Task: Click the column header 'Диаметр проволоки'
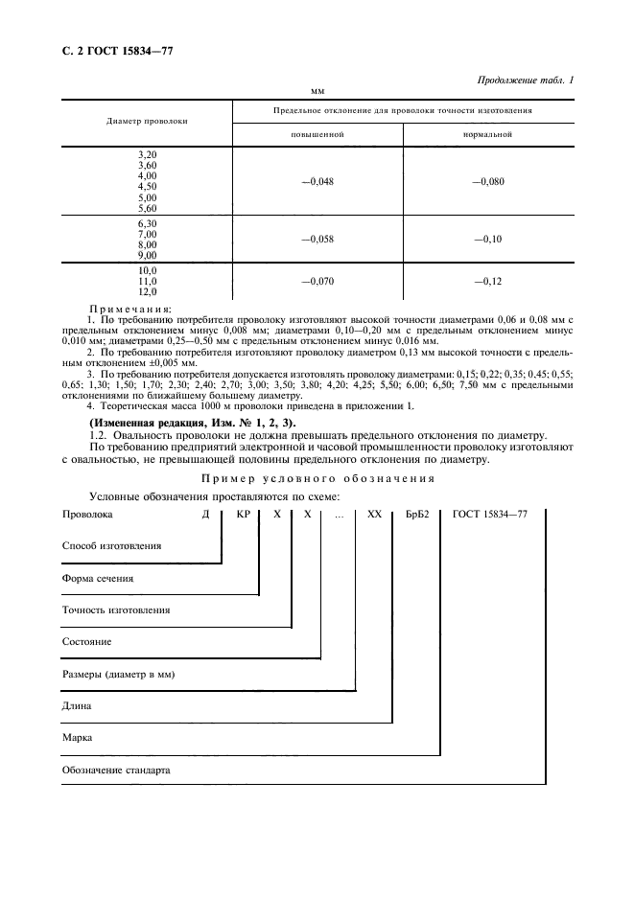(x=147, y=122)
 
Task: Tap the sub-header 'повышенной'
(x=317, y=135)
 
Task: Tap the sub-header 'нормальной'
(x=487, y=135)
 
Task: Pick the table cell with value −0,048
(x=317, y=180)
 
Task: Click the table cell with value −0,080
(x=487, y=180)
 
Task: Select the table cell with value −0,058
(x=317, y=239)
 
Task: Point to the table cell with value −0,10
(x=487, y=239)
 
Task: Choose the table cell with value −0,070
(x=317, y=281)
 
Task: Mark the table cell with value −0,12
(x=487, y=281)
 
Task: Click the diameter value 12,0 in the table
(x=147, y=291)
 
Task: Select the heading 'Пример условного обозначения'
(x=317, y=478)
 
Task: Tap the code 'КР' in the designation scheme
(x=243, y=515)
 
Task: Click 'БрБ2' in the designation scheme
(x=417, y=515)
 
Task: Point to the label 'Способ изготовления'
(x=111, y=545)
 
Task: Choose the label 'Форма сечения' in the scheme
(x=98, y=578)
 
